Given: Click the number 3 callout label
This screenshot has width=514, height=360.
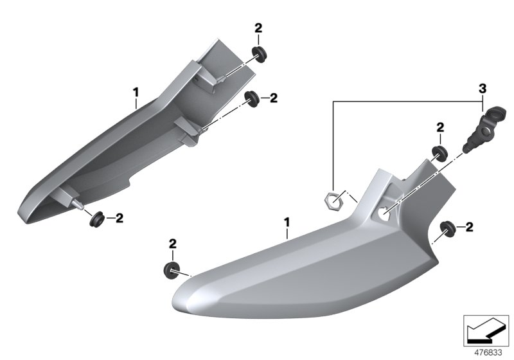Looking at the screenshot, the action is (483, 88).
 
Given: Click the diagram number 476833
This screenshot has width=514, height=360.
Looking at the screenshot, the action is (488, 353).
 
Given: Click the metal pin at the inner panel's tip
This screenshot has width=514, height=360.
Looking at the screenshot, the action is (78, 204).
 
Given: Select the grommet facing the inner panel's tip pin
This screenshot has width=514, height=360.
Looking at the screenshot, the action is (97, 220).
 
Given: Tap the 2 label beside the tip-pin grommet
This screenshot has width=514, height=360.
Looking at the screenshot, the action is (119, 218).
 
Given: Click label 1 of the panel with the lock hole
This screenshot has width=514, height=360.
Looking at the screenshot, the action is (287, 222).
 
